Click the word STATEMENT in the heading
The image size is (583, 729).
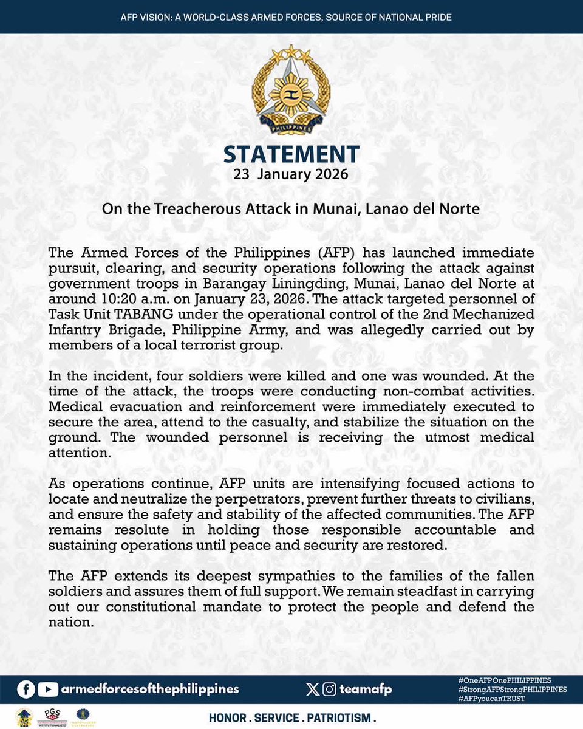291,155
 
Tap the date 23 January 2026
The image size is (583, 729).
291,175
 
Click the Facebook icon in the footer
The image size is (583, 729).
26,689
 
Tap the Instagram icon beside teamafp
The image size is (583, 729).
330,689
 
